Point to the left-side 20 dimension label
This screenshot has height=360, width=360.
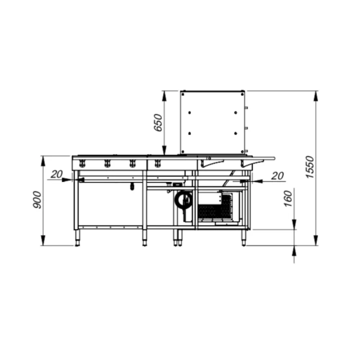click(x=56, y=174)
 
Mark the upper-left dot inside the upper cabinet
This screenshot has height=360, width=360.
click(x=189, y=113)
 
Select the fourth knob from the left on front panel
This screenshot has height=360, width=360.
click(x=157, y=164)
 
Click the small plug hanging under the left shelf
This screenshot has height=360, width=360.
click(x=132, y=186)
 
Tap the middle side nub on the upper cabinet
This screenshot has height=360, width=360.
click(x=247, y=128)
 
